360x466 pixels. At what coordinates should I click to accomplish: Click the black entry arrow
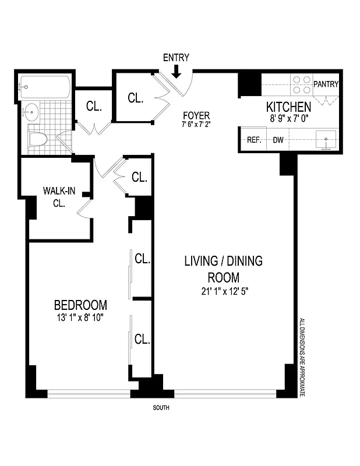[x=177, y=71]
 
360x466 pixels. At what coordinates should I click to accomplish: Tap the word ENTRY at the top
[x=176, y=58]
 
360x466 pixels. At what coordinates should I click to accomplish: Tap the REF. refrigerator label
[x=253, y=140]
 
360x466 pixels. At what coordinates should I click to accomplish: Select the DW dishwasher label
[x=278, y=140]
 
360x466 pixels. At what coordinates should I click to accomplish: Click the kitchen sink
[x=325, y=139]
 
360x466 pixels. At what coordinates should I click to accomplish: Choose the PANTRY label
[x=326, y=84]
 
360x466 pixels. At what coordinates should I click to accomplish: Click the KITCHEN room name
[x=288, y=107]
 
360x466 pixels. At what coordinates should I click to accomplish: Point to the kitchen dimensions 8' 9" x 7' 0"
[x=288, y=119]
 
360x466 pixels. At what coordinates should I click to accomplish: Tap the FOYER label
[x=195, y=115]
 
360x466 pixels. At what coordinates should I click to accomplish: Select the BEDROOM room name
[x=80, y=305]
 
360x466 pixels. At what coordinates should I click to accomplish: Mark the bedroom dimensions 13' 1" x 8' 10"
[x=80, y=317]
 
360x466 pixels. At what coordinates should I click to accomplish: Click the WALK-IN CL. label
[x=57, y=197]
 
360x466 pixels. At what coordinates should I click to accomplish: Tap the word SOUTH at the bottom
[x=161, y=408]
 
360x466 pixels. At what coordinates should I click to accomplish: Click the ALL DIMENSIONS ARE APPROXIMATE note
[x=302, y=357]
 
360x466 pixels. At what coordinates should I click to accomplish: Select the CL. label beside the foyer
[x=135, y=98]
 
